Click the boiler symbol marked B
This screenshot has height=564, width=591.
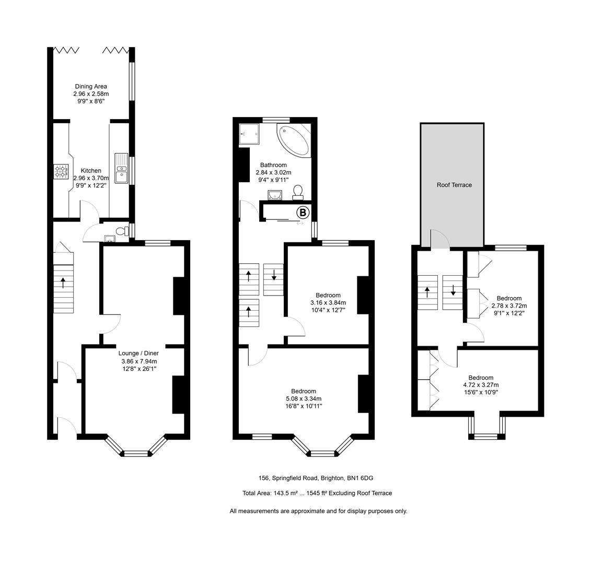303,213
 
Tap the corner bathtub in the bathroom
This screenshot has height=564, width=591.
295,140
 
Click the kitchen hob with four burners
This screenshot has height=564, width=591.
61,171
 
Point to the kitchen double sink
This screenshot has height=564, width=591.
121,168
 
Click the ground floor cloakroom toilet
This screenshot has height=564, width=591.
122,231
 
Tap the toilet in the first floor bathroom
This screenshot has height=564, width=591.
298,192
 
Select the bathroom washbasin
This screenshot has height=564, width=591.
274,195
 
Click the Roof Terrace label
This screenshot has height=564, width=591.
454,185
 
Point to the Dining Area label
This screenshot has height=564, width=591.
91,87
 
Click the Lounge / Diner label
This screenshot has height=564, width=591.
138,354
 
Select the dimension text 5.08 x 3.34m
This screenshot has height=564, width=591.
303,399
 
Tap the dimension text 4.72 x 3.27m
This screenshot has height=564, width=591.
480,385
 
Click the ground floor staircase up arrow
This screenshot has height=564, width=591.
63,283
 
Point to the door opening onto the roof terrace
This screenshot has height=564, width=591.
439,240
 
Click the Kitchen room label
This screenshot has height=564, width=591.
91,171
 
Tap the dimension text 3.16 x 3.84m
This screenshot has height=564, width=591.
328,303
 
